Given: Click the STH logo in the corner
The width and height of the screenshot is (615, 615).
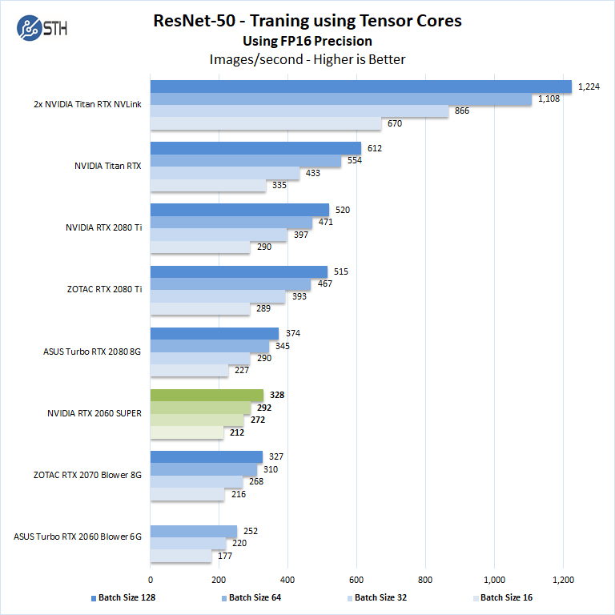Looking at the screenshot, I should tap(41, 30).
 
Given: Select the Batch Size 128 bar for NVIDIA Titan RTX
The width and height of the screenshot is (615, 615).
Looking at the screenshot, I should tap(255, 148).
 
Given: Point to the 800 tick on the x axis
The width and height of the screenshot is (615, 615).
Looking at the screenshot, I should tap(425, 579).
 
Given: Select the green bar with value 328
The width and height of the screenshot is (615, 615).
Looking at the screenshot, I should tap(207, 396).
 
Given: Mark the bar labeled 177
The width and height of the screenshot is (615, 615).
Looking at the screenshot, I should tap(181, 556).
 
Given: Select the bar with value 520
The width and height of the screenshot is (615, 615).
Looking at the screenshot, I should tap(239, 210).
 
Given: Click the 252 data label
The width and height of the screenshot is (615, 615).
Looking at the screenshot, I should tap(250, 531).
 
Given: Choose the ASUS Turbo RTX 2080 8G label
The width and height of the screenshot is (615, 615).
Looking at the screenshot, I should tap(93, 352).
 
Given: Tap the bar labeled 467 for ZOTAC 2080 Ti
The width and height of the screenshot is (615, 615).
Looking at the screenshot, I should tap(231, 284).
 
